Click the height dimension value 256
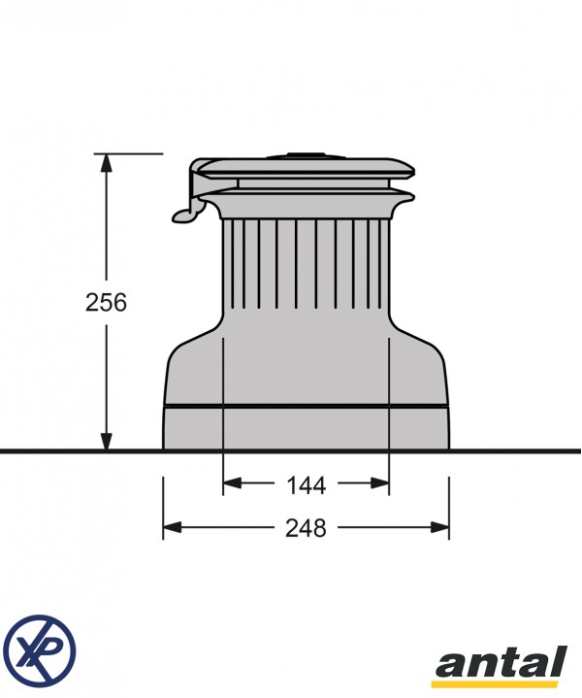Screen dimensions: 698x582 pyautogui.click(x=106, y=302)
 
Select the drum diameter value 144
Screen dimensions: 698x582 pyautogui.click(x=306, y=482)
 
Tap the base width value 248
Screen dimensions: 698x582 pyautogui.click(x=306, y=528)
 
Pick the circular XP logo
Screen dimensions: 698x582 pyautogui.click(x=39, y=647)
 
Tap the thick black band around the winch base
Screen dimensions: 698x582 pyautogui.click(x=306, y=406)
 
